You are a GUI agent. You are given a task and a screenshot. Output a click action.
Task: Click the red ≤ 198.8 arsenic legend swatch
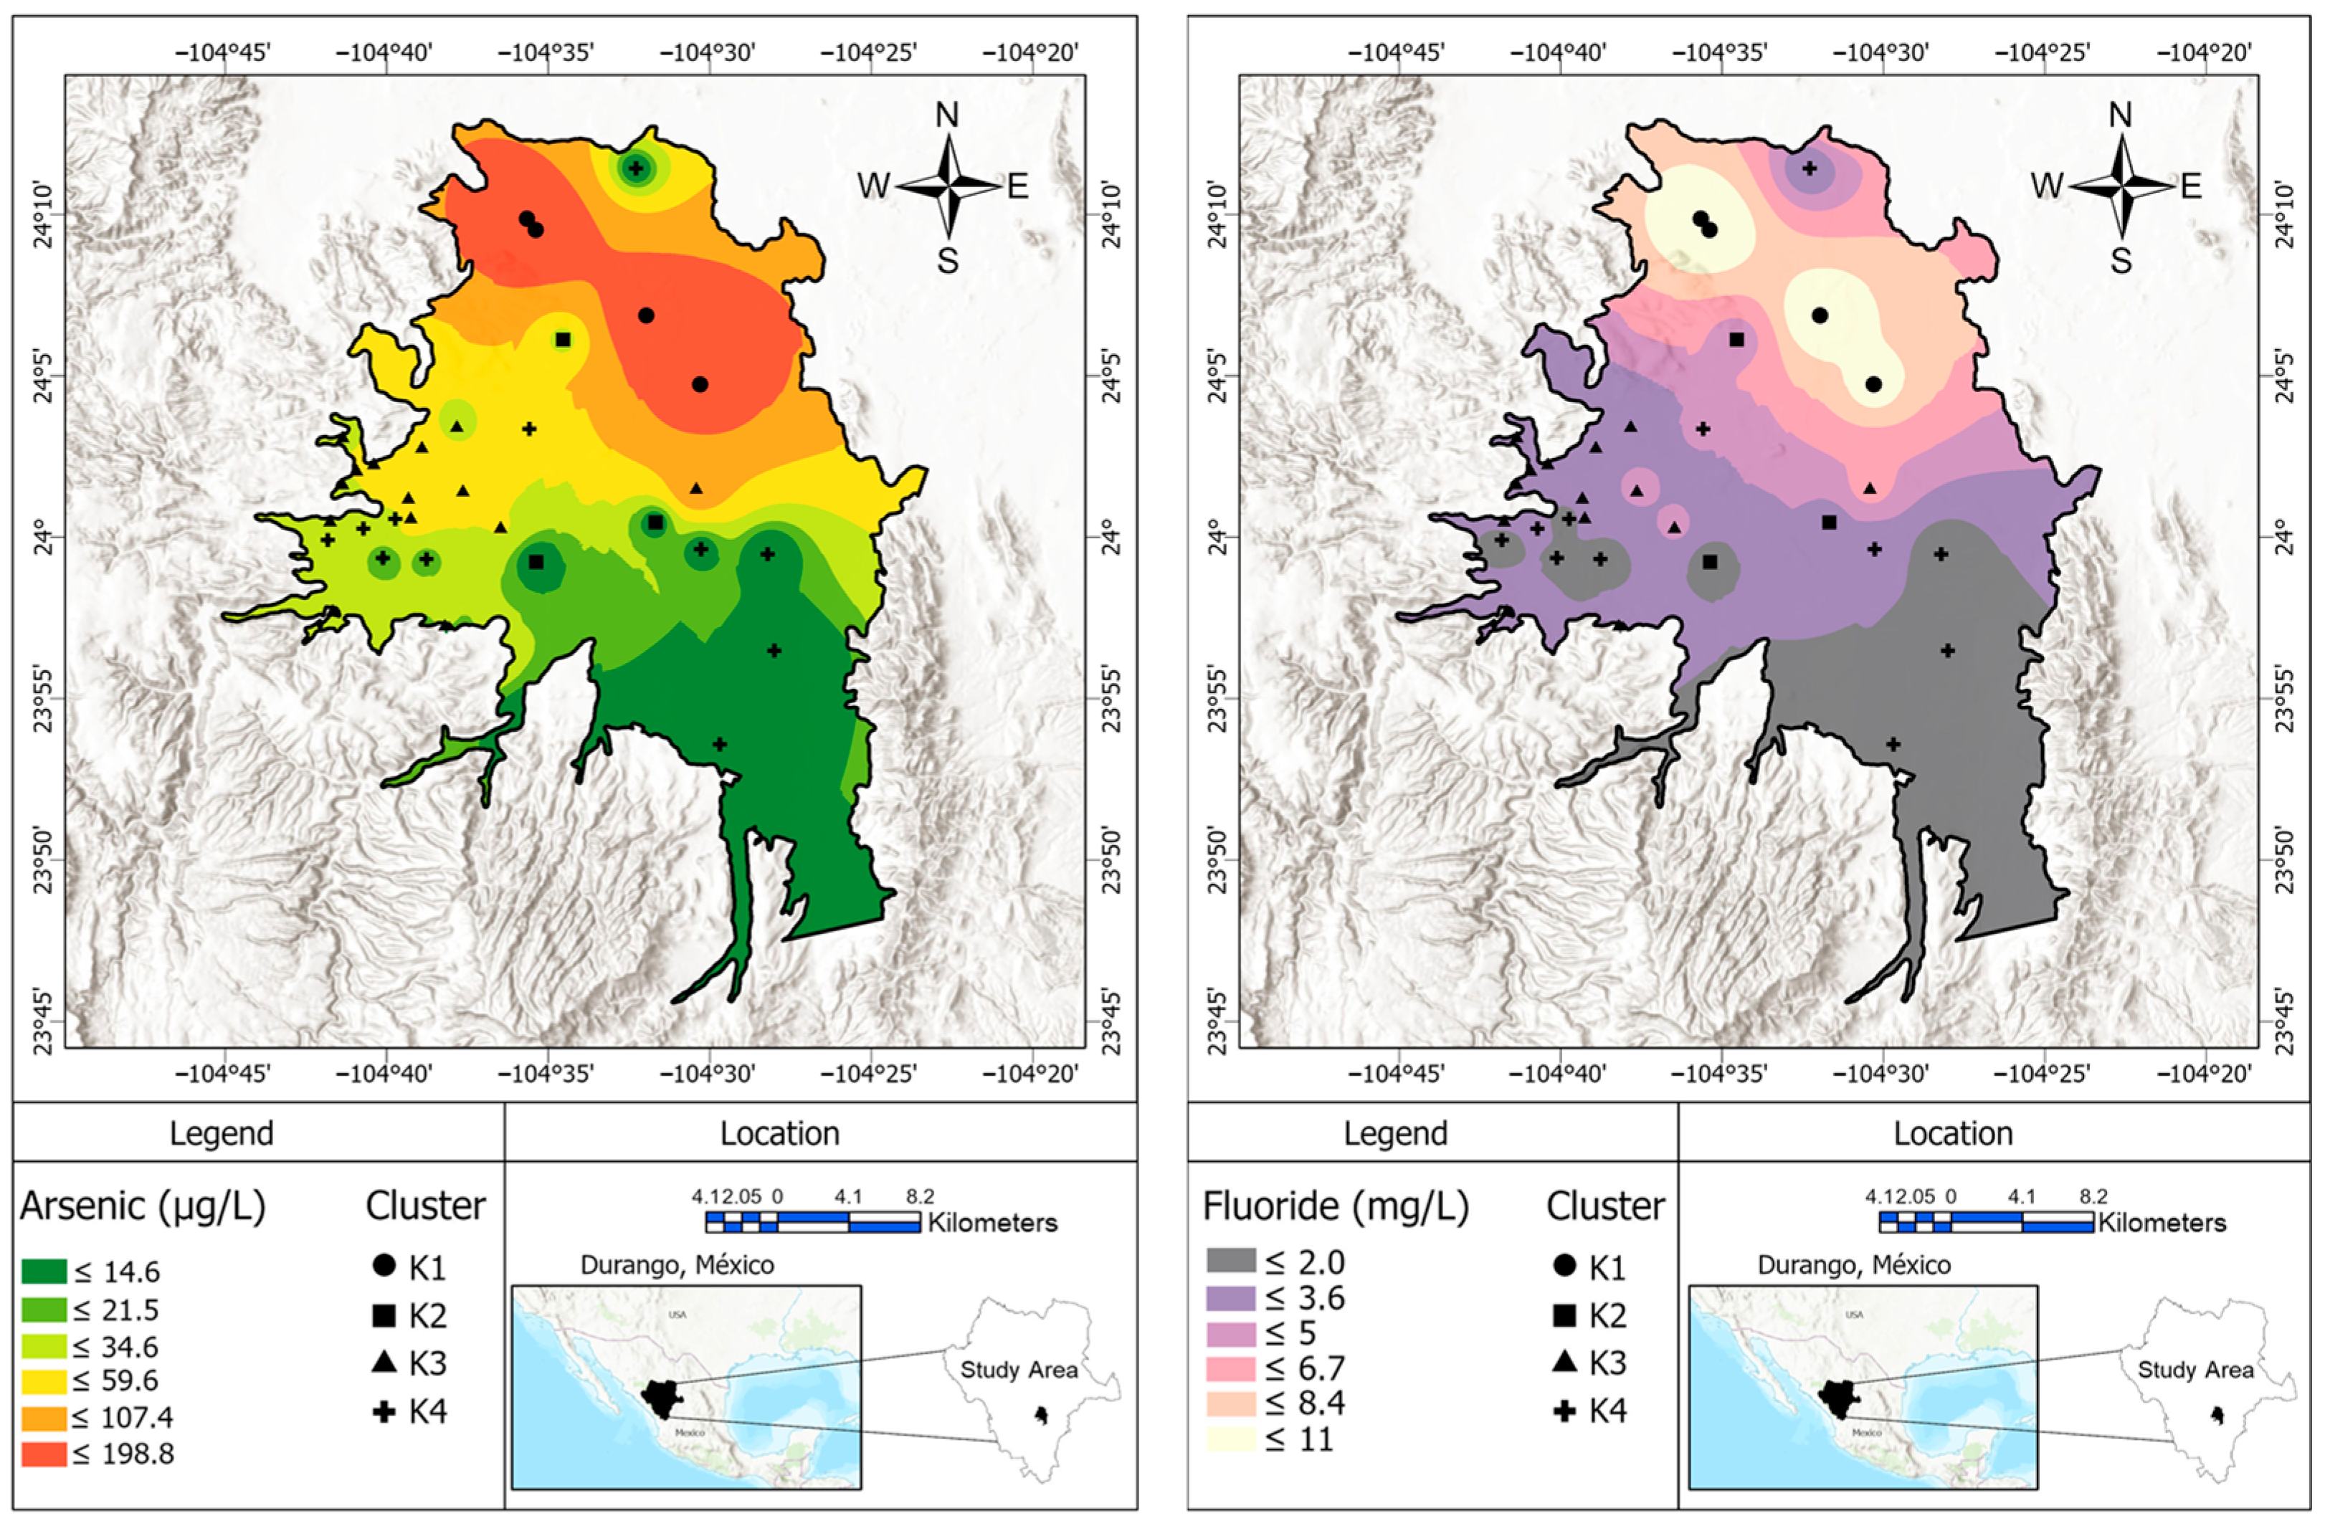(x=44, y=1454)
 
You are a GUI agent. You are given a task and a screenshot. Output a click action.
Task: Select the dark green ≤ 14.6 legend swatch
(x=44, y=1271)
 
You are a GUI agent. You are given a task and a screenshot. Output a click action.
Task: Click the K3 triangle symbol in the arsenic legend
(x=384, y=1363)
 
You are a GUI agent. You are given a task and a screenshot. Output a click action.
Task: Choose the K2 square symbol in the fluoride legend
(x=1564, y=1315)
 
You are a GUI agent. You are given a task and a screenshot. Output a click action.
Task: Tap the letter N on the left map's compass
(x=946, y=115)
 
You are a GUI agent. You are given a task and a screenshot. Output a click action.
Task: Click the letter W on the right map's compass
(x=2047, y=186)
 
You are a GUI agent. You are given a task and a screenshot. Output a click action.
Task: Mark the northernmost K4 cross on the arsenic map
(x=636, y=168)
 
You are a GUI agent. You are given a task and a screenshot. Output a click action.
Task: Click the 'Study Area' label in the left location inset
(x=1018, y=1370)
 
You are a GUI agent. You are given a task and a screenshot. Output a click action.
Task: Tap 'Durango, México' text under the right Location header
(x=1853, y=1265)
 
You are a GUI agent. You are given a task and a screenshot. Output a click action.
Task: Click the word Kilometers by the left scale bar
(x=992, y=1223)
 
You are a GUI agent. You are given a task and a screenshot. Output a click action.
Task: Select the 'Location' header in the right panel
(x=1953, y=1133)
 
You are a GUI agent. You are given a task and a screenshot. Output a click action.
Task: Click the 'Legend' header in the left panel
(x=222, y=1133)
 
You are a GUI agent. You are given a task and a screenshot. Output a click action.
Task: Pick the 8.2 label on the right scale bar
(x=2093, y=1197)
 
